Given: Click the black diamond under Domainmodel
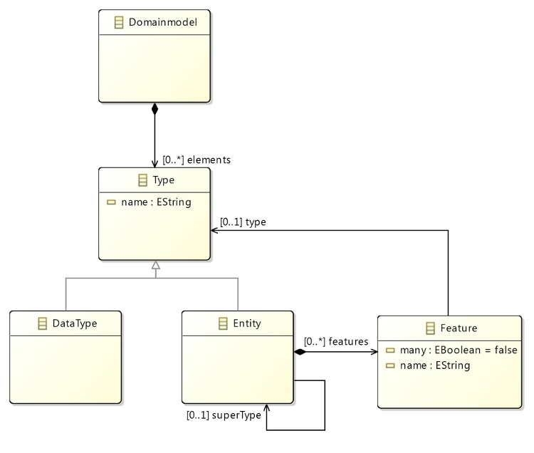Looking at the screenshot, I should click(155, 110).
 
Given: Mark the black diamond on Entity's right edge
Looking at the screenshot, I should click(300, 351).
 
